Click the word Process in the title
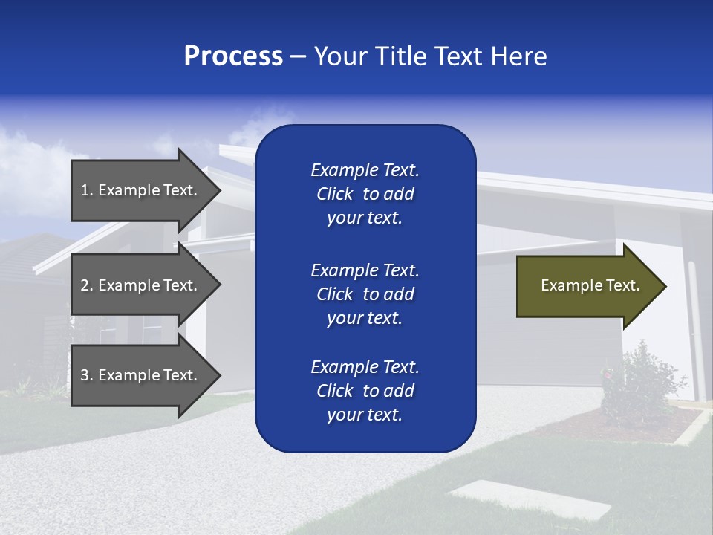[x=233, y=56]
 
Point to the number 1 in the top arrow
[x=85, y=190]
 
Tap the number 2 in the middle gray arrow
[x=85, y=285]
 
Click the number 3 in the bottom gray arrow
[x=85, y=375]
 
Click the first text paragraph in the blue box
[x=365, y=194]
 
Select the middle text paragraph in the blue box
[x=365, y=294]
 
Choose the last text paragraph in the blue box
[x=365, y=391]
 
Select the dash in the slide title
[x=298, y=57]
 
